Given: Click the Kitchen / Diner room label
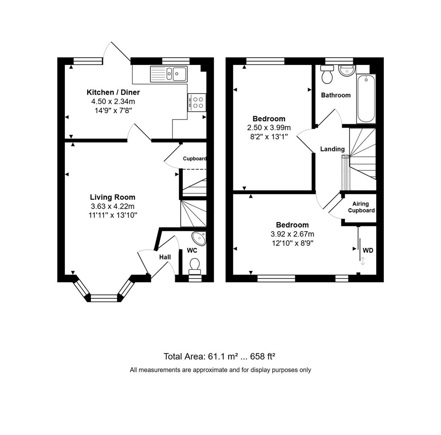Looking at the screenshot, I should (x=113, y=92).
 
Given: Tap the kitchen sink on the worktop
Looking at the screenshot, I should (x=169, y=74).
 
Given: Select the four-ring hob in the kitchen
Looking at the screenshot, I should (x=197, y=102).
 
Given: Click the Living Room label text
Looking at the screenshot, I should (x=112, y=197).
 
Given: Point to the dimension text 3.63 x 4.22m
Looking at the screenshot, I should (x=113, y=206).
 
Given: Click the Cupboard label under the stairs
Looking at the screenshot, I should (x=194, y=159).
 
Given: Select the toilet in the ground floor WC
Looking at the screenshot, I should (x=195, y=266).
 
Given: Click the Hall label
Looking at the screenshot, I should (x=165, y=257).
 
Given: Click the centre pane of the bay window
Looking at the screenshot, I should (x=104, y=298).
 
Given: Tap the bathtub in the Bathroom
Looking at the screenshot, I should (x=366, y=98).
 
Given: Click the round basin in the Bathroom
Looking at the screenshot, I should (x=346, y=71).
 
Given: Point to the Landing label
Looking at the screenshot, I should (x=332, y=149).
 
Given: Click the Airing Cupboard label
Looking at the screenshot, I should (x=361, y=207).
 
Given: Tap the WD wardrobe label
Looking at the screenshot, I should (x=368, y=251).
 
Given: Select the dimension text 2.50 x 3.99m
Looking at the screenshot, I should (x=269, y=128).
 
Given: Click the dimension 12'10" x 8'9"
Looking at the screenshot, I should (x=293, y=243).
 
